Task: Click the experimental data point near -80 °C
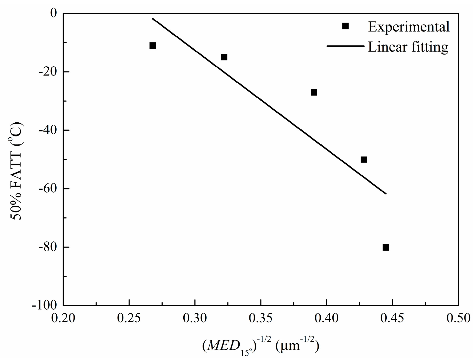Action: pyautogui.click(x=386, y=247)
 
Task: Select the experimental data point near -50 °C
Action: pyautogui.click(x=364, y=160)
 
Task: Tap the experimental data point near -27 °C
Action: pyautogui.click(x=314, y=92)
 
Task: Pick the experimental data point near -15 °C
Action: pyautogui.click(x=224, y=57)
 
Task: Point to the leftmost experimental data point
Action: pyautogui.click(x=153, y=46)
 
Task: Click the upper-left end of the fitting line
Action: pyautogui.click(x=153, y=19)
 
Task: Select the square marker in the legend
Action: pyautogui.click(x=345, y=26)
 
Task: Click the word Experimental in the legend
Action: pyautogui.click(x=409, y=27)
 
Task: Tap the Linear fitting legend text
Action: pyautogui.click(x=408, y=47)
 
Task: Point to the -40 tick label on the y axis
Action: pyautogui.click(x=47, y=130)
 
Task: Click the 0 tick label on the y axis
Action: pyautogui.click(x=53, y=13)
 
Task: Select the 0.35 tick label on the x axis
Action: pyautogui.click(x=261, y=318)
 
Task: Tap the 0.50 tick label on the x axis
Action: pyautogui.click(x=458, y=318)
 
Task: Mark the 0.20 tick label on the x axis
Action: pyautogui.click(x=63, y=318)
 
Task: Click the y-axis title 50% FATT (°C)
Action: pyautogui.click(x=16, y=171)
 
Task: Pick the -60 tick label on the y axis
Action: pyautogui.click(x=47, y=188)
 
